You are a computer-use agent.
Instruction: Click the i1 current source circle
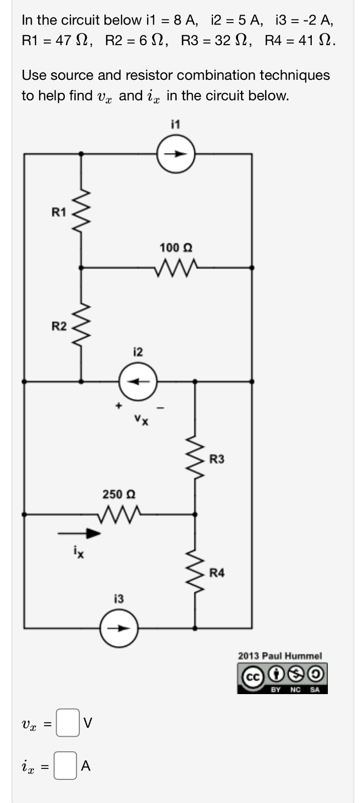pyautogui.click(x=175, y=155)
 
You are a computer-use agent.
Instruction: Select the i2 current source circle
pyautogui.click(x=138, y=381)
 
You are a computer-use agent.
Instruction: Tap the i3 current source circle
pyautogui.click(x=118, y=628)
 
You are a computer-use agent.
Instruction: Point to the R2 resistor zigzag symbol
pyautogui.click(x=81, y=326)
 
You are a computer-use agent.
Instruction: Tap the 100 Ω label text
pyautogui.click(x=176, y=247)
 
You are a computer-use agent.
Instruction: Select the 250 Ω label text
pyautogui.click(x=119, y=494)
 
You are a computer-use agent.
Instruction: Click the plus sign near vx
pyautogui.click(x=118, y=405)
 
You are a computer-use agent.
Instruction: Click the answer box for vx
pyautogui.click(x=67, y=723)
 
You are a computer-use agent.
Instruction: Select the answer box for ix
pyautogui.click(x=65, y=765)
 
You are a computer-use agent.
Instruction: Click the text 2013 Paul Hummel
pyautogui.click(x=280, y=655)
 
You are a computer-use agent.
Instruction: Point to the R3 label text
pyautogui.click(x=217, y=459)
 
